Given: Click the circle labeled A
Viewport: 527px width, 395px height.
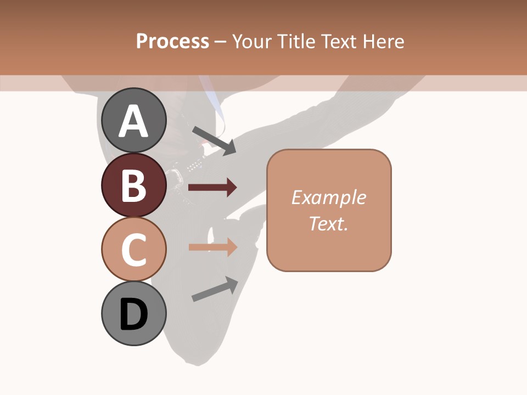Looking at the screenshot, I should click(x=133, y=120).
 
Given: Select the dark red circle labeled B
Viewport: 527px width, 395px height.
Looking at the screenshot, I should click(x=133, y=185).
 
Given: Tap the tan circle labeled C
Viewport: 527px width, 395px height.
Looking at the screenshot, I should click(x=133, y=250).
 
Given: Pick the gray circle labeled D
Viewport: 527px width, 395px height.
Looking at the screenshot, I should click(x=133, y=314).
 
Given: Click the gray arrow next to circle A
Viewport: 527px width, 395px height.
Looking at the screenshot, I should click(x=214, y=140).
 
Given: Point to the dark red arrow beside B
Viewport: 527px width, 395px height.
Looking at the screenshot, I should click(x=212, y=188).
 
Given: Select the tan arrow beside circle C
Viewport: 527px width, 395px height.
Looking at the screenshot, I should click(x=212, y=247).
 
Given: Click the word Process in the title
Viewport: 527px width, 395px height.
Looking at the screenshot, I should click(x=172, y=41).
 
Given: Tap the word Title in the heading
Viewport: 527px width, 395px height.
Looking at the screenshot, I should click(x=295, y=41).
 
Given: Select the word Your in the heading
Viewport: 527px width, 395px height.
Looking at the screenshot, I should click(x=252, y=41).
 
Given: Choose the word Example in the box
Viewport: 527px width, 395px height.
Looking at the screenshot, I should click(x=329, y=198).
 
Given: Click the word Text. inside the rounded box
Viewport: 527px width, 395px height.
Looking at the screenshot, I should click(x=329, y=223).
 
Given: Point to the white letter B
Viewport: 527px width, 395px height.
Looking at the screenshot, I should click(x=133, y=185).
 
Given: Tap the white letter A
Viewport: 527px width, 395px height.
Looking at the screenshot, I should click(x=133, y=121).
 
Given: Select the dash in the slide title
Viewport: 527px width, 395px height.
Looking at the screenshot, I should click(x=221, y=42).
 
